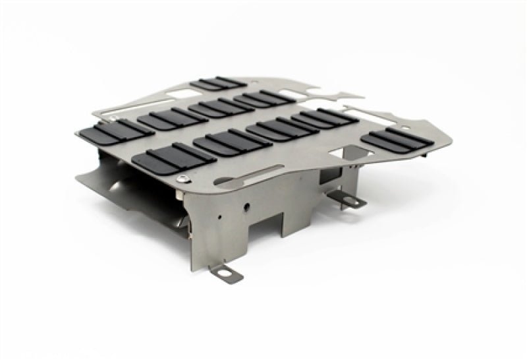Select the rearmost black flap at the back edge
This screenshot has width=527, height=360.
(x=218, y=84)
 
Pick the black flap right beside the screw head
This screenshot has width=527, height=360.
(x=173, y=156)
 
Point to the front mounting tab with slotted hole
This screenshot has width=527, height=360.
(x=225, y=271)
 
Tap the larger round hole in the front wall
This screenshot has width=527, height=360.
(x=247, y=206)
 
